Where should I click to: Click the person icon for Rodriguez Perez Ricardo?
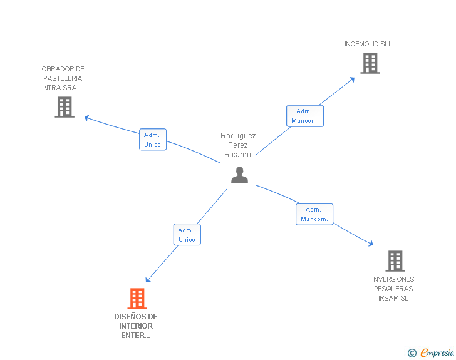[x=239, y=175]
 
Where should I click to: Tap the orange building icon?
[x=137, y=299]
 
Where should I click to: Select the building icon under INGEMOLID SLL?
[x=370, y=63]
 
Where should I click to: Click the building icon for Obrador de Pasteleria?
[x=65, y=107]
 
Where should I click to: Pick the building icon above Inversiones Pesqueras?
[x=395, y=260]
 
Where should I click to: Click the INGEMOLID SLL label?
[x=368, y=44]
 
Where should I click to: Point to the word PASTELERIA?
[x=63, y=78]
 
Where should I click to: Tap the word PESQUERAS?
[x=393, y=289]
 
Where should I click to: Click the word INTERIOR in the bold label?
[x=136, y=326]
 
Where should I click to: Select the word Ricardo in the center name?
[x=237, y=155]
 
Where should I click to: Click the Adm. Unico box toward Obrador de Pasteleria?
[x=152, y=140]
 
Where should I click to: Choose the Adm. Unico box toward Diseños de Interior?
[x=187, y=235]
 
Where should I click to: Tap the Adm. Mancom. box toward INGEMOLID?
[x=305, y=116]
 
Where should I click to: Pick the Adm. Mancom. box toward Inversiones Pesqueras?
[x=314, y=214]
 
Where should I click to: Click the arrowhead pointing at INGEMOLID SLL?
[x=352, y=80]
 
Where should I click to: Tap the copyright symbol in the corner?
[x=412, y=353]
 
